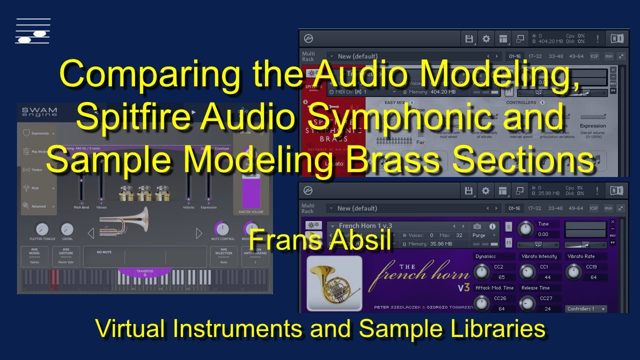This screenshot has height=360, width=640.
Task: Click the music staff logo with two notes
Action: click(x=33, y=31)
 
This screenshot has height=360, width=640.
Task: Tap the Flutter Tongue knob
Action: click(x=42, y=229)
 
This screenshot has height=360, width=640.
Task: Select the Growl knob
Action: click(x=67, y=229)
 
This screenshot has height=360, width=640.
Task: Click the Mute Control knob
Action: click(x=222, y=229)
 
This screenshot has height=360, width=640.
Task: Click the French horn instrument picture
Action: click(x=334, y=283)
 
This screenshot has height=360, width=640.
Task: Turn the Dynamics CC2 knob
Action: click(x=481, y=272)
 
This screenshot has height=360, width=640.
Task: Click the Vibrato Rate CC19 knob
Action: click(x=573, y=272)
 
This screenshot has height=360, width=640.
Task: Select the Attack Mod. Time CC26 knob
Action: click(x=481, y=303)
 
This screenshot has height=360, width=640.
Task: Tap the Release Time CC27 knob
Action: click(x=527, y=303)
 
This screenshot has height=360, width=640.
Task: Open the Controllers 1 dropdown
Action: click(x=586, y=309)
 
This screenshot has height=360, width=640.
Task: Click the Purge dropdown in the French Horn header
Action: click(x=484, y=235)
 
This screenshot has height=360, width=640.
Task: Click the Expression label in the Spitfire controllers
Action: click(x=592, y=126)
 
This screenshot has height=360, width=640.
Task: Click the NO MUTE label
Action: click(x=104, y=252)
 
